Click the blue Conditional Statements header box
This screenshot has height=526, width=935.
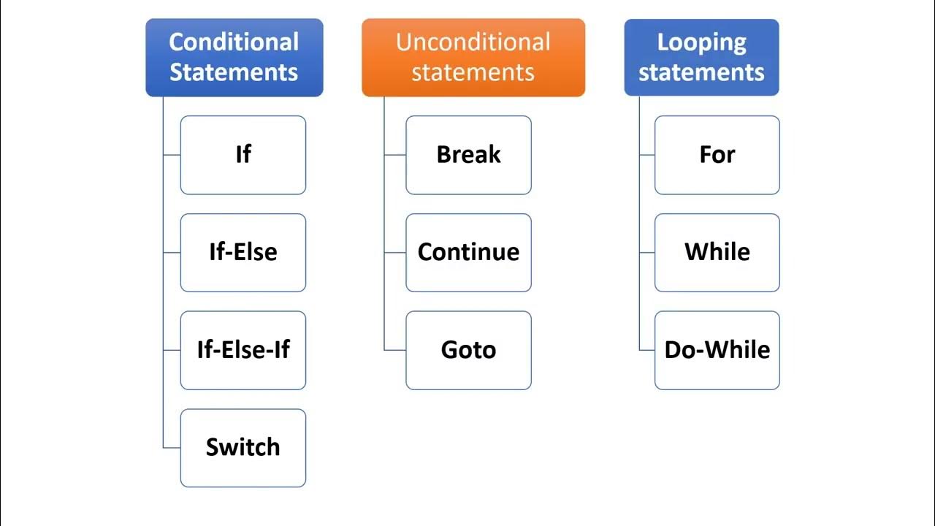coord(234,58)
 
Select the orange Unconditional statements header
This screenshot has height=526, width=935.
coord(473,58)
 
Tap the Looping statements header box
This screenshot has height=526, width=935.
coord(701,58)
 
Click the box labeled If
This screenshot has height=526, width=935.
coord(243,155)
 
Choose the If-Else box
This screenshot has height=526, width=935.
coord(243,253)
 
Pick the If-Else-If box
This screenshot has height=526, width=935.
coord(243,350)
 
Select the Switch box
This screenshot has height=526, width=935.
coord(243,448)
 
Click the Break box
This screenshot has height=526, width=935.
coord(468,155)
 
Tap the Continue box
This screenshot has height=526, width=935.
coord(468,253)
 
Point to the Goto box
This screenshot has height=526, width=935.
coord(468,350)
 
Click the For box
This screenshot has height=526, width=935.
coord(717,155)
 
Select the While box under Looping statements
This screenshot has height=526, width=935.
coord(717,253)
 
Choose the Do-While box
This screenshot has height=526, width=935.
coord(717,350)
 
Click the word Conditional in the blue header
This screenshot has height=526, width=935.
coord(234,42)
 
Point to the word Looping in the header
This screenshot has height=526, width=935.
coord(701,42)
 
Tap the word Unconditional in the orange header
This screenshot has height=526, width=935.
coord(473,42)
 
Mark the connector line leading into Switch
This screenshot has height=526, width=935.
coord(172,448)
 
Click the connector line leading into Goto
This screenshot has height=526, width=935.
coord(395,350)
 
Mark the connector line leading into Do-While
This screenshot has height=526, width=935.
coord(647,350)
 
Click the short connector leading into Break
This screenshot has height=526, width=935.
coord(395,155)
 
